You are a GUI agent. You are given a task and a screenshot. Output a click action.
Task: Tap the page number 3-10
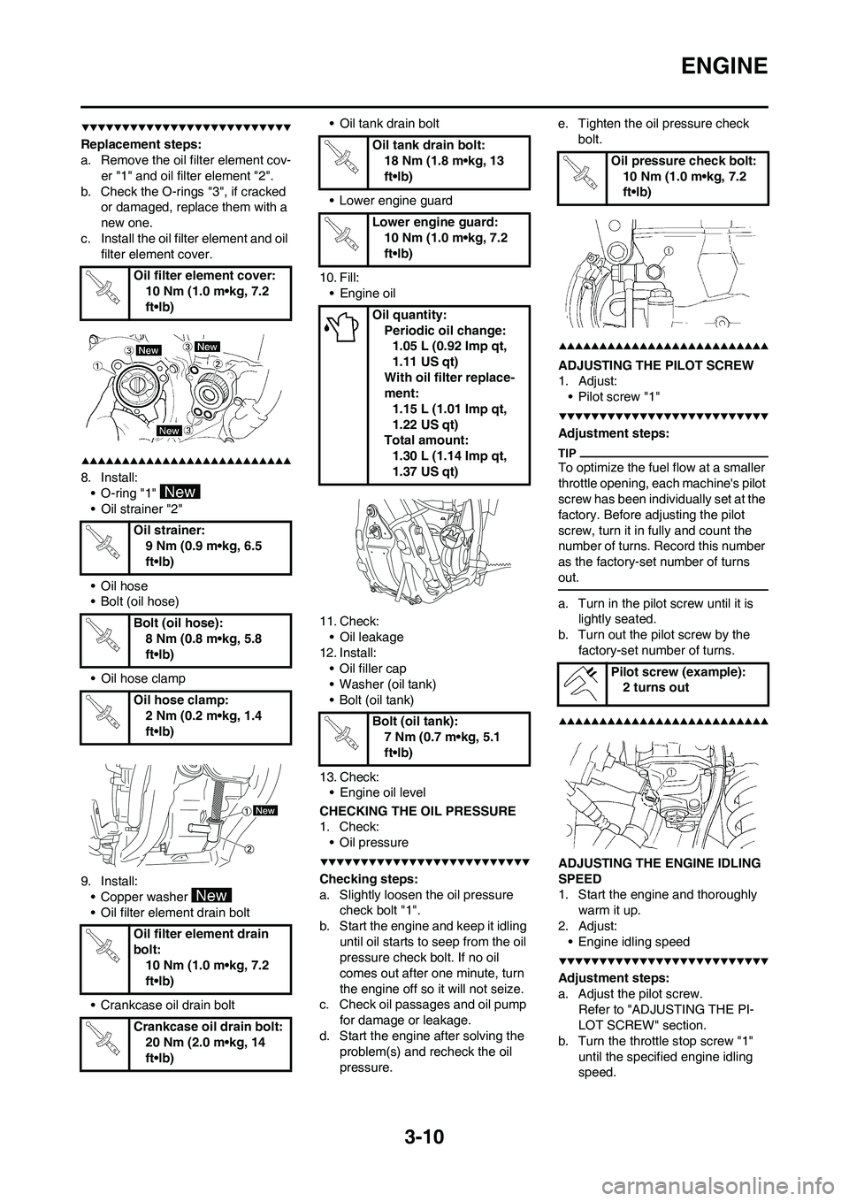pyautogui.click(x=424, y=1136)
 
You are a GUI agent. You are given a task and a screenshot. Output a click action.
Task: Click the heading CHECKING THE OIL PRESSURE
pyautogui.click(x=417, y=811)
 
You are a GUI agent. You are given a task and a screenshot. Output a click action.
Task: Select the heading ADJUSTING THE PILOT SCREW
pyautogui.click(x=656, y=365)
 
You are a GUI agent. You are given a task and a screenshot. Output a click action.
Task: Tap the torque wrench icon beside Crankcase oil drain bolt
pyautogui.click(x=104, y=1043)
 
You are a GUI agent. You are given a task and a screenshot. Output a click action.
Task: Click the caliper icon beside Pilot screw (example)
pyautogui.click(x=582, y=683)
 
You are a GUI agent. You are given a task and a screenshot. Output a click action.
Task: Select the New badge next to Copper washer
pyautogui.click(x=212, y=896)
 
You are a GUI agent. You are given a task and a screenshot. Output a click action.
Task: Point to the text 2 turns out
pyautogui.click(x=656, y=687)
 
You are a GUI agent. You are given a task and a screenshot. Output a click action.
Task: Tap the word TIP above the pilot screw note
pyautogui.click(x=567, y=454)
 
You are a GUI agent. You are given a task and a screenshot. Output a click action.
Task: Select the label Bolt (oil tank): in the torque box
pyautogui.click(x=415, y=721)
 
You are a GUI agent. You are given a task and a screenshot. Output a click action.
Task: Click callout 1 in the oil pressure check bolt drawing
pyautogui.click(x=670, y=251)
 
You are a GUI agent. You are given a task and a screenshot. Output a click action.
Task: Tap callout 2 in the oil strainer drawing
pyautogui.click(x=249, y=849)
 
